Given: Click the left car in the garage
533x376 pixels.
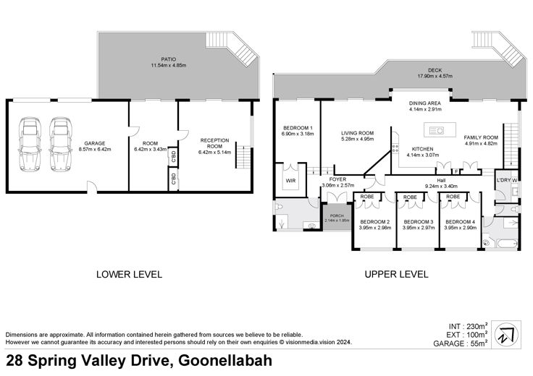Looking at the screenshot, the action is [x=30, y=144].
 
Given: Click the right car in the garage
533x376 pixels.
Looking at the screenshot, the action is [x=61, y=144].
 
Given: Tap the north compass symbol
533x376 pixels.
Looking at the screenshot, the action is [x=506, y=335].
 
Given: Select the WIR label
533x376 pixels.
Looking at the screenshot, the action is [x=290, y=181].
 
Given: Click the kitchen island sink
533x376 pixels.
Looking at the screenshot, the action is [x=436, y=130].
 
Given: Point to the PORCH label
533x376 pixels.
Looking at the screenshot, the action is [x=337, y=215].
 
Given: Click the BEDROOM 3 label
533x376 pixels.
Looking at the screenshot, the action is [x=419, y=222].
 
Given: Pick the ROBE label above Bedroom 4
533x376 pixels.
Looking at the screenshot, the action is [x=453, y=197].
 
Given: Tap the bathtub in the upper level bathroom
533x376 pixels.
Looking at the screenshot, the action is [x=507, y=243].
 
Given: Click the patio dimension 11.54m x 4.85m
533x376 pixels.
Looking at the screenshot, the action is [x=169, y=65].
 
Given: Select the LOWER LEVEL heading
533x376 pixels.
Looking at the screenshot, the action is [x=129, y=274].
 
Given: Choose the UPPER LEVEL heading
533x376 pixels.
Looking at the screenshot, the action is [x=396, y=274].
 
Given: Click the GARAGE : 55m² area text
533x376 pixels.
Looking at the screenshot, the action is [x=461, y=343].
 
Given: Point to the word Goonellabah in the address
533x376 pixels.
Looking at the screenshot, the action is [x=225, y=361].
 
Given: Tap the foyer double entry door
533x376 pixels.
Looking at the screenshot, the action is [x=337, y=197].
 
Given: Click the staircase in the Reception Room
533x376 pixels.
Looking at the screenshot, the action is [x=244, y=155].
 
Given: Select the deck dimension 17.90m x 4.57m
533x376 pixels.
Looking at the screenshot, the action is [x=435, y=76].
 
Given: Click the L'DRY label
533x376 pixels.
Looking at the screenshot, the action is [x=503, y=180].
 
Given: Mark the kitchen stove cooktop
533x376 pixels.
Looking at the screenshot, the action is [x=395, y=148].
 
